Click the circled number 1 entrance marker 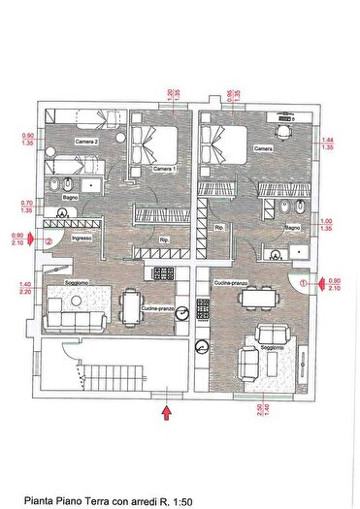305,283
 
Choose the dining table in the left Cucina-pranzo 132,305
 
